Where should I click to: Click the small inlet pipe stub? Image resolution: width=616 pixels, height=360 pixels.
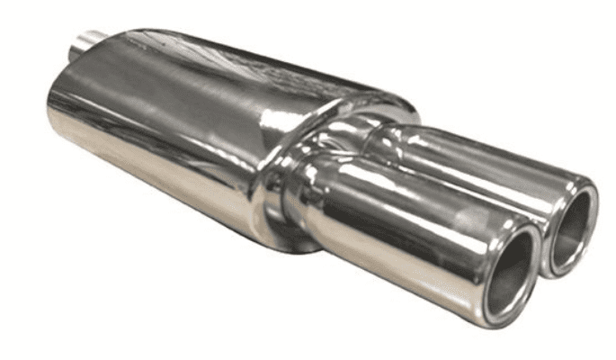(x=89, y=40)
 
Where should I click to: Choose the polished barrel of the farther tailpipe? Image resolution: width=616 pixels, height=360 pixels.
(x=477, y=166)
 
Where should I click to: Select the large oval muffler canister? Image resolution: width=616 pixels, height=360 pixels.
(x=180, y=117)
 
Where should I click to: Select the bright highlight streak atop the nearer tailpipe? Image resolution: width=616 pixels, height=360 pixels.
(x=405, y=180)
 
